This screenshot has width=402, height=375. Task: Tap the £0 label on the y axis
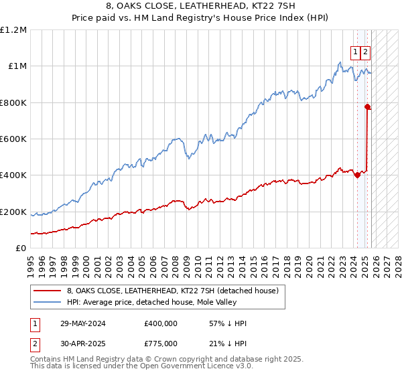pyautogui.click(x=21, y=248)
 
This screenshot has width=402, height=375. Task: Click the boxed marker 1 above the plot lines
pyautogui.click(x=356, y=51)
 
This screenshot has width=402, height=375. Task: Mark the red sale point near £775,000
pyautogui.click(x=367, y=106)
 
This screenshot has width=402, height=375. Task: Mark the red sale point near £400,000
pyautogui.click(x=357, y=175)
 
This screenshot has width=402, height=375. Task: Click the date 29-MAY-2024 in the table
pyautogui.click(x=84, y=323)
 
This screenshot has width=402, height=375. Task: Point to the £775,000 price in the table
pyautogui.click(x=161, y=343)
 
